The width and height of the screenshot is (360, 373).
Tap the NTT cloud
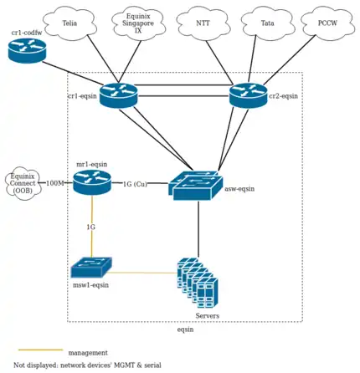tap(203, 23)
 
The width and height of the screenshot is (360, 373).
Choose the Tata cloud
tap(267, 23)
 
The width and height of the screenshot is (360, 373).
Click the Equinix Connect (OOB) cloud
tap(23, 183)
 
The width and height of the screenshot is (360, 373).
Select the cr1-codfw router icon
tap(28, 50)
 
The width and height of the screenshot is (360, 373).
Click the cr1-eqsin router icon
tap(118, 96)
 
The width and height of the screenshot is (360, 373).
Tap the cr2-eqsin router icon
tap(249, 96)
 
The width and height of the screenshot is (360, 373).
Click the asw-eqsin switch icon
tap(198, 185)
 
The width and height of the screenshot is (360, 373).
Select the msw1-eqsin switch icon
tap(91, 268)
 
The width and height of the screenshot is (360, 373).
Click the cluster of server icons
tap(198, 284)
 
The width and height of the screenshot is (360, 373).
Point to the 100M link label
tap(55, 183)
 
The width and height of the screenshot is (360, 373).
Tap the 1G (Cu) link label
tap(135, 184)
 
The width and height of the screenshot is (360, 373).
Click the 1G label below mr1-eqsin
tap(90, 227)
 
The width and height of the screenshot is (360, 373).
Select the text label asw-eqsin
tap(239, 190)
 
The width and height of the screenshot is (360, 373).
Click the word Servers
tap(208, 315)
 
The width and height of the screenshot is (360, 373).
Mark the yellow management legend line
tap(40, 350)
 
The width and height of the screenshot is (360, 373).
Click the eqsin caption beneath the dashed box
tap(185, 330)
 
